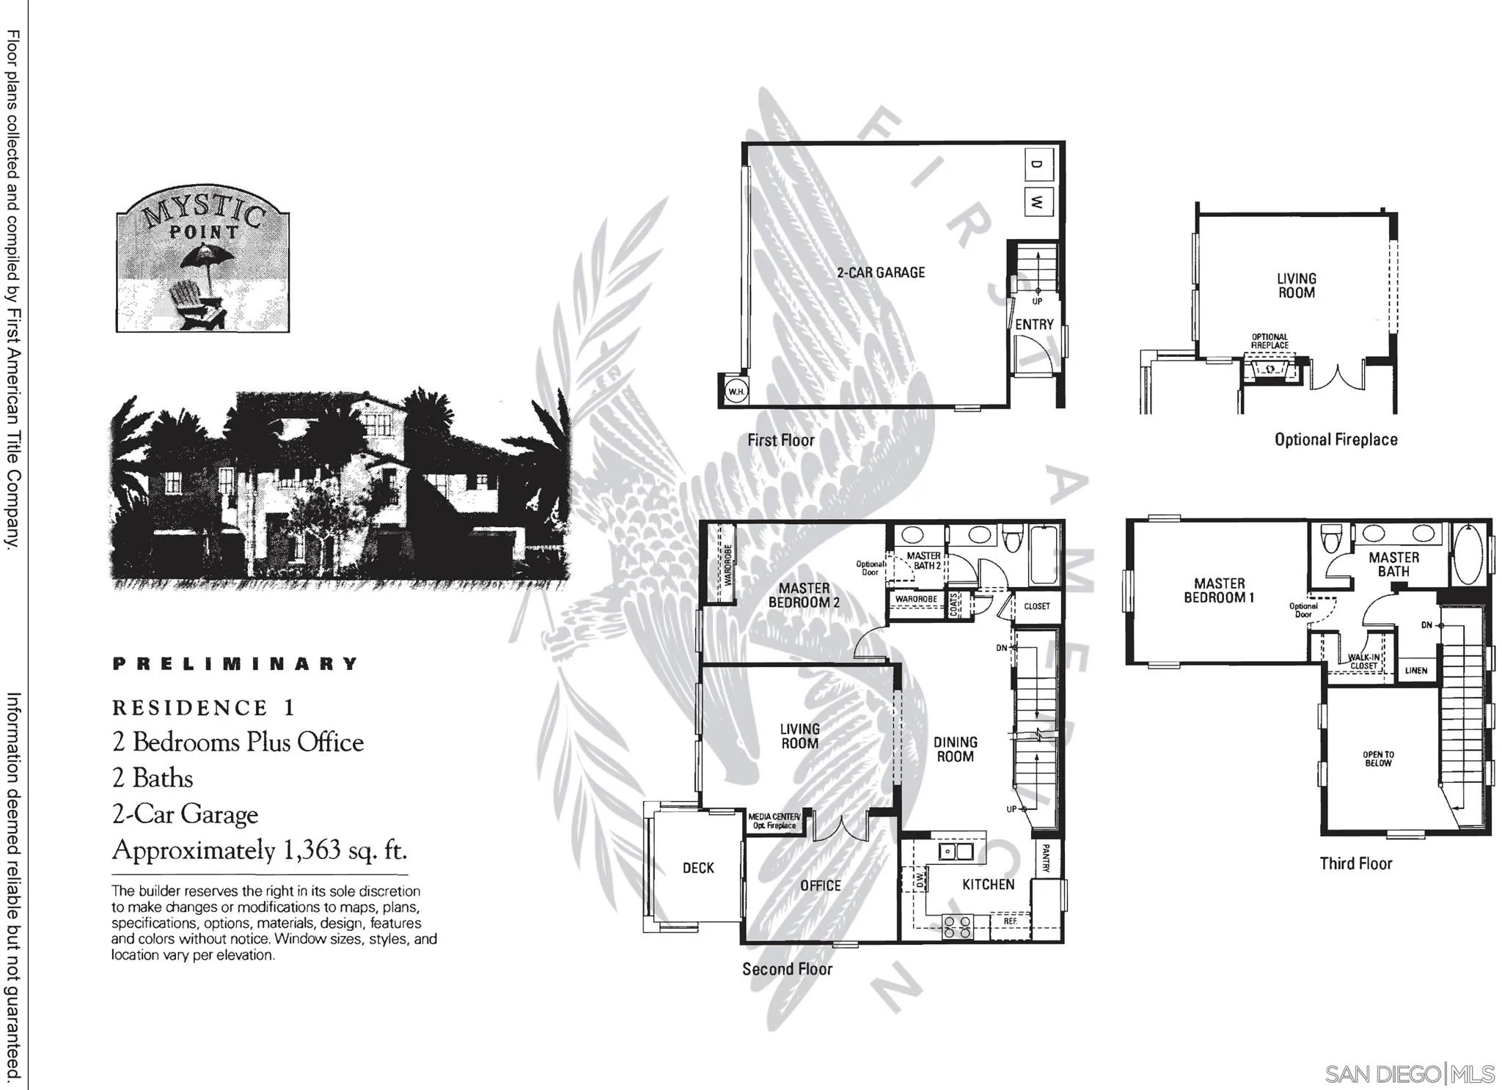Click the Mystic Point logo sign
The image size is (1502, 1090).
click(202, 261)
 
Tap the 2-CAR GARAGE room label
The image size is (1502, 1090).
click(881, 273)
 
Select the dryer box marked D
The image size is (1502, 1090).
click(1037, 164)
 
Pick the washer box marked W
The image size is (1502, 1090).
click(1037, 202)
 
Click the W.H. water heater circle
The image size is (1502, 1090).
click(736, 391)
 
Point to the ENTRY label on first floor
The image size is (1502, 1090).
click(1034, 324)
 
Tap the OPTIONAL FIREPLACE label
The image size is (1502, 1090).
click(1270, 341)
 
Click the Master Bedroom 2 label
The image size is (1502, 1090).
click(804, 595)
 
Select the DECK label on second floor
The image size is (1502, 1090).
click(698, 868)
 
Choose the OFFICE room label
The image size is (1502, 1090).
click(821, 885)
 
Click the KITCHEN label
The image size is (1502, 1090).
click(988, 885)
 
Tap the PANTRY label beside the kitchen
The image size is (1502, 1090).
click(1046, 858)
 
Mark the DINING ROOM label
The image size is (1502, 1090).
click(955, 749)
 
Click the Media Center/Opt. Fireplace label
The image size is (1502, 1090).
click(774, 821)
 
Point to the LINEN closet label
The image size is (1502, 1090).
click(1415, 671)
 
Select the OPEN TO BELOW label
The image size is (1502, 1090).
click(1378, 759)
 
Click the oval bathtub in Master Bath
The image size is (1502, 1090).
click(1468, 554)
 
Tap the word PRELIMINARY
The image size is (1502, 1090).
click(235, 664)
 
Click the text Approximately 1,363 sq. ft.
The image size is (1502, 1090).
click(259, 850)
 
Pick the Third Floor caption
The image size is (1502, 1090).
click(1355, 863)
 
